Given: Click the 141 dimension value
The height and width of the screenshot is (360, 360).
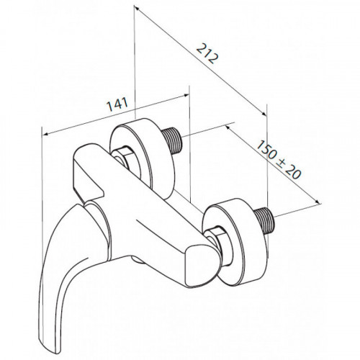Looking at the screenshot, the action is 117,104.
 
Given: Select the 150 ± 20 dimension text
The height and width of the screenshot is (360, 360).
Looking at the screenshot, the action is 279,159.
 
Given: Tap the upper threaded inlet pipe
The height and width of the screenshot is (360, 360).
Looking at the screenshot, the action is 172,140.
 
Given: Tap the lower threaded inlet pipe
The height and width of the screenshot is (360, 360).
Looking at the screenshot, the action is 265,220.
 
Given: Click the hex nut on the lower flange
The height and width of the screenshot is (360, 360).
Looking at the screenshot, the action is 215,243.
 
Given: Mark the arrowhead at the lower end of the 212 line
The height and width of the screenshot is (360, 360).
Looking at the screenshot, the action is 264,114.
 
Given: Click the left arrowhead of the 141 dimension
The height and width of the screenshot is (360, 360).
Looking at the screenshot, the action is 45,134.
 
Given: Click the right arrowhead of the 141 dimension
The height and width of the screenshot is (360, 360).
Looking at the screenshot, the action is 186,95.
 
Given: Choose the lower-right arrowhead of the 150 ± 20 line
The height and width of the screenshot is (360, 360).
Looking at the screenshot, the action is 318,202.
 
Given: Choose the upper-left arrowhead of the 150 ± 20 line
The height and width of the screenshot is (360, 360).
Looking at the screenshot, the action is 228,127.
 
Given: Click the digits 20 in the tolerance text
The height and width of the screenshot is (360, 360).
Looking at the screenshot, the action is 294,172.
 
